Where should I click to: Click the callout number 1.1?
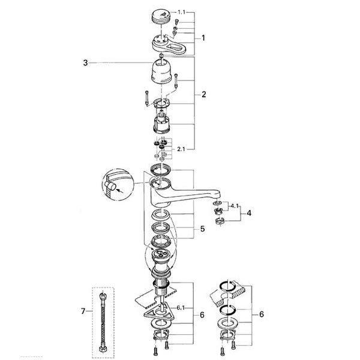[182, 12]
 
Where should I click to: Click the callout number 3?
[85, 62]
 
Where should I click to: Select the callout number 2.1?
[181, 149]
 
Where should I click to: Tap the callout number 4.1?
[235, 206]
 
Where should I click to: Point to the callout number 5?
[202, 229]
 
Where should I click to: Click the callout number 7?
[83, 311]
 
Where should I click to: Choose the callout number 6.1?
[181, 308]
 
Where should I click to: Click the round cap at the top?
[161, 16]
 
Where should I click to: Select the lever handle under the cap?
[169, 44]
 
